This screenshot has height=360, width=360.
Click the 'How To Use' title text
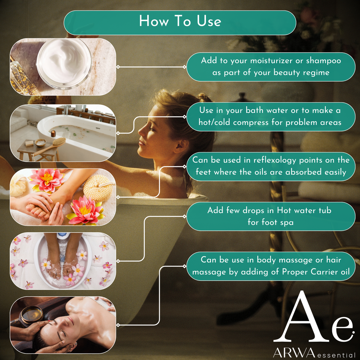click(x=180, y=21)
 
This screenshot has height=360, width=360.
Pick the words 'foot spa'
click(x=270, y=222)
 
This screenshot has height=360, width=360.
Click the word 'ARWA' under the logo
click(x=294, y=352)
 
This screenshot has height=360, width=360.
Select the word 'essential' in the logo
click(x=336, y=355)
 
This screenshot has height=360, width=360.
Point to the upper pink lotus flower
click(x=47, y=180)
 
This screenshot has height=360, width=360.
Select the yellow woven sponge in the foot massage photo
click(x=98, y=188)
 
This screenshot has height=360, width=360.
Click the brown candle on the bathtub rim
click(x=53, y=134)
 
